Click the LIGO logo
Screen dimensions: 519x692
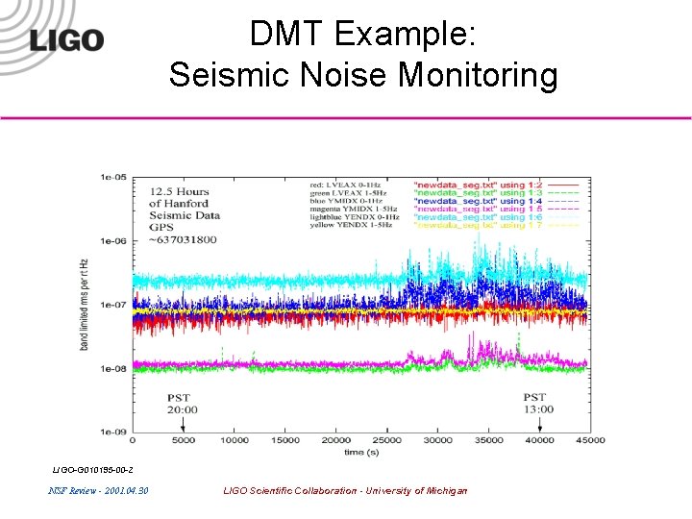(66, 40)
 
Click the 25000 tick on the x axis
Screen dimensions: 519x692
(387, 440)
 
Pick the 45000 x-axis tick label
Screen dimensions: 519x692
(589, 440)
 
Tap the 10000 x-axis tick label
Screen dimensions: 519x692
(235, 440)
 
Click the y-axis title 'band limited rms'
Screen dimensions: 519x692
(86, 303)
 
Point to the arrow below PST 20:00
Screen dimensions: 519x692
(183, 424)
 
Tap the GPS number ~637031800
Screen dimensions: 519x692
(183, 239)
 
